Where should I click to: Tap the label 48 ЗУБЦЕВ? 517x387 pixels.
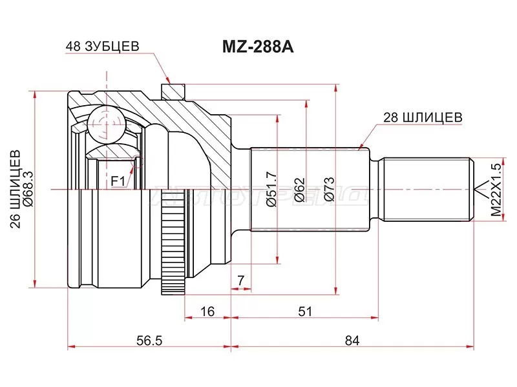pos(102,47)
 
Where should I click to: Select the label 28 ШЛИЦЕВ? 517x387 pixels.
pos(423,117)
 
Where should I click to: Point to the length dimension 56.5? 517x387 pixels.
pos(150,339)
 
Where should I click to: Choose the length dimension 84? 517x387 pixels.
pos(352,339)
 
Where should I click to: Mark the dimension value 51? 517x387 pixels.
pos(305,311)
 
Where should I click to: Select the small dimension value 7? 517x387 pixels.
pos(240,279)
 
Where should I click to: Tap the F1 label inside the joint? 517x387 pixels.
pos(118,181)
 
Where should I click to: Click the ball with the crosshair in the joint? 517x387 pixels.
pos(105,123)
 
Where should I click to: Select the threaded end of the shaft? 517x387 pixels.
pos(427,189)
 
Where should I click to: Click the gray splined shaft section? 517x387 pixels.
pos(310,189)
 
